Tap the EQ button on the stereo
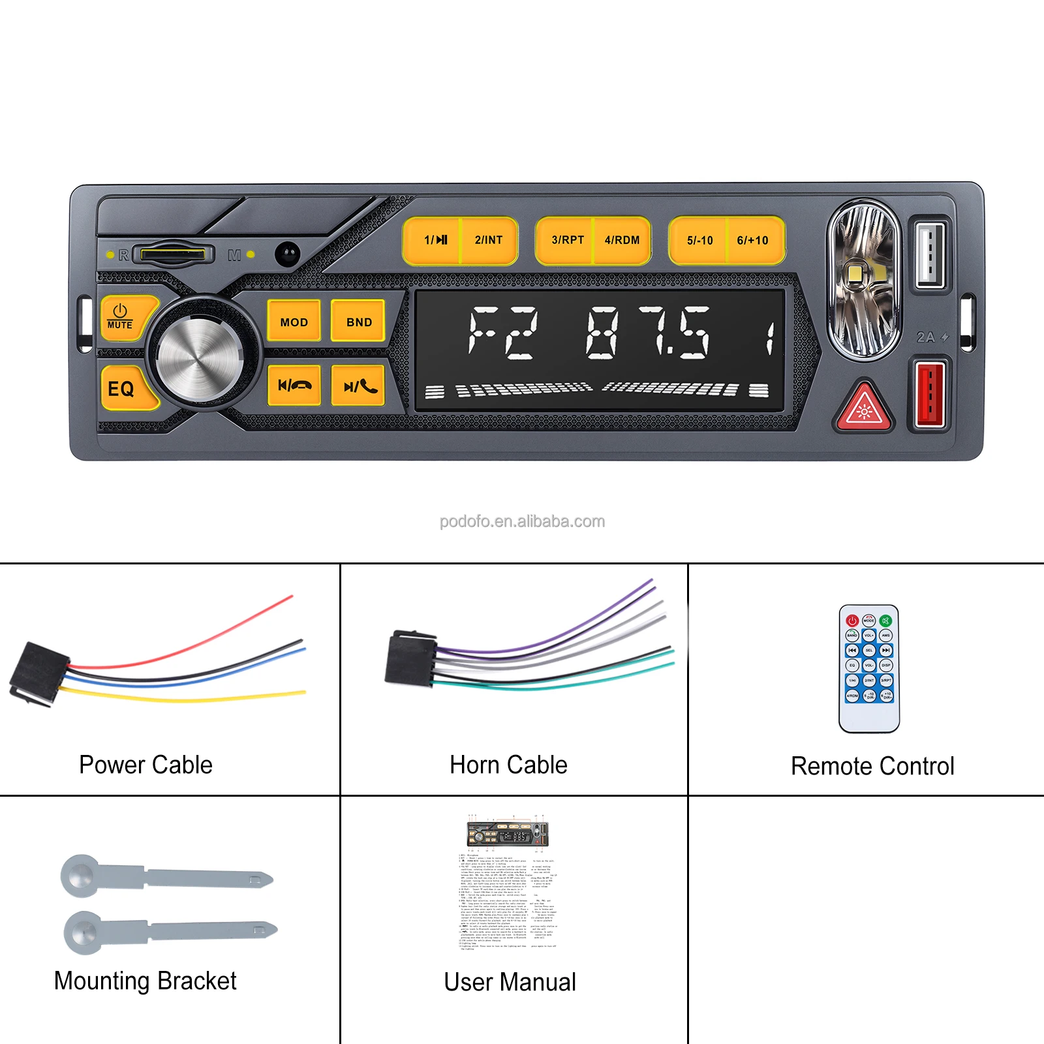click(122, 389)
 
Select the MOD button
click(294, 322)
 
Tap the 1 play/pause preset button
click(433, 240)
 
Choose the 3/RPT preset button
click(567, 240)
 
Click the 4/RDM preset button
click(622, 240)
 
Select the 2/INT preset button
click(489, 240)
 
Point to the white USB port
click(930, 253)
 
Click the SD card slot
click(174, 254)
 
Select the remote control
click(869, 668)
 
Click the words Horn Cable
click(508, 765)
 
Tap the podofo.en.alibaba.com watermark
click(522, 521)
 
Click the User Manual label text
click(510, 982)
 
